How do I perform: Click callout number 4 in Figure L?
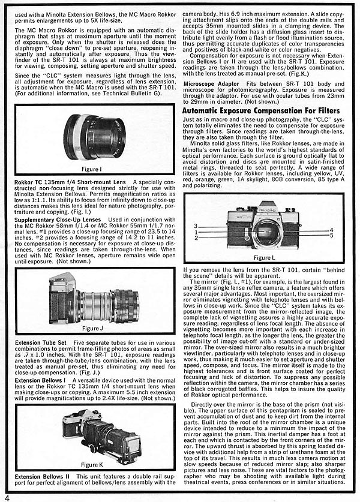[x=331, y=230]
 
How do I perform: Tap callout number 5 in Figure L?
[x=331, y=235]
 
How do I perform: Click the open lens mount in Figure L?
[x=263, y=230]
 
